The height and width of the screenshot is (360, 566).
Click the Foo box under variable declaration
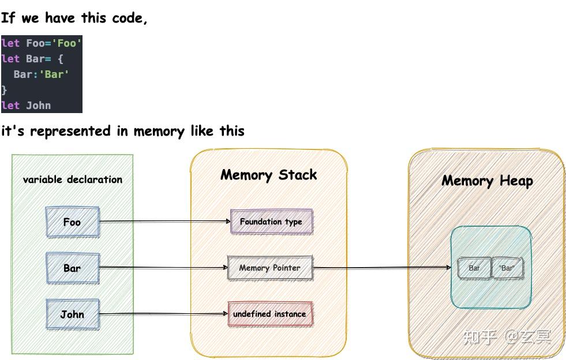(73, 222)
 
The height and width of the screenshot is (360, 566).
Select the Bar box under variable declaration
(73, 268)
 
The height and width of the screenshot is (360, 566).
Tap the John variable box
(73, 314)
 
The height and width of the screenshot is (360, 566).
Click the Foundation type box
(271, 222)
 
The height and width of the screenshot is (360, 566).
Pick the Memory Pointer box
(270, 268)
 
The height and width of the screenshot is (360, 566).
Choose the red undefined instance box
(270, 314)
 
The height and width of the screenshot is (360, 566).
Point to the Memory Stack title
(269, 175)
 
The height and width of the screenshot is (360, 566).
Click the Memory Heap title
(488, 181)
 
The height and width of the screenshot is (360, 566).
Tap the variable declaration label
(73, 179)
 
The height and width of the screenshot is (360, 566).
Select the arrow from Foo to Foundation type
(165, 221)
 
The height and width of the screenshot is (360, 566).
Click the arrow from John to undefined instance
(163, 314)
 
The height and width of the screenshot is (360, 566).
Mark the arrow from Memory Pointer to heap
(382, 268)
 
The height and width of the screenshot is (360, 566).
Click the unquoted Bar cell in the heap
(474, 268)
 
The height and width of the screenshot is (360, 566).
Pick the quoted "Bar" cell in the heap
(507, 268)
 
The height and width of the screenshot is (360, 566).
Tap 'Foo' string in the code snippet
(67, 43)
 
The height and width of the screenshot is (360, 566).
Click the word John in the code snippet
(38, 106)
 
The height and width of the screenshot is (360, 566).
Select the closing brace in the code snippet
(4, 90)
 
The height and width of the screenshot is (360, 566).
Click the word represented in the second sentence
(70, 132)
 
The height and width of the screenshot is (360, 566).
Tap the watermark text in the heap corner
(507, 337)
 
